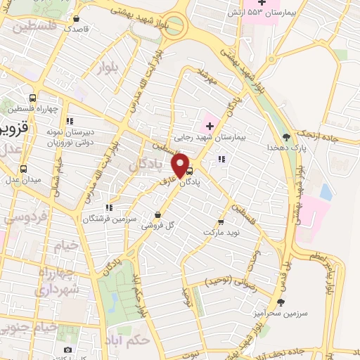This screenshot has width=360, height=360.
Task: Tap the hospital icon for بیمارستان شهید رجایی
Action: point(209,127)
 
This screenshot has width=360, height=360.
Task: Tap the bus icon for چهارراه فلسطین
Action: point(32,98)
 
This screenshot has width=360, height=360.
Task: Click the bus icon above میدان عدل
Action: point(23,169)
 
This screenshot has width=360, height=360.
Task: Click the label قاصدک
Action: point(77,30)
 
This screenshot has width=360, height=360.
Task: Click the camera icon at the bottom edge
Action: point(67,350)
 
